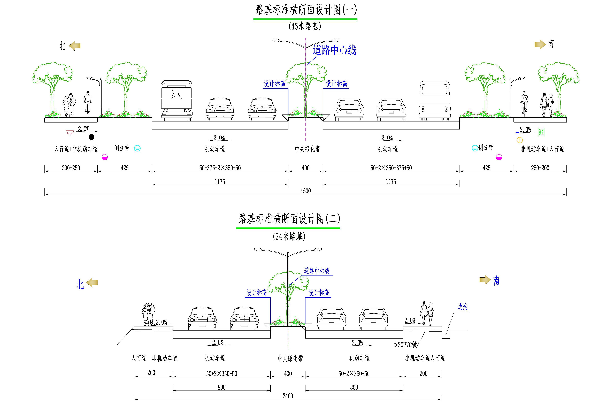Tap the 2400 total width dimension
click(x=288, y=396)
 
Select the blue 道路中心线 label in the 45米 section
click(x=334, y=50)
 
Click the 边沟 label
click(x=462, y=307)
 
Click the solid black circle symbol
click(x=91, y=137)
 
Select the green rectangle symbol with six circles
click(x=541, y=132)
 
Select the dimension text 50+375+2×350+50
click(x=220, y=168)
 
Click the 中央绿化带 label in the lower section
click(x=290, y=358)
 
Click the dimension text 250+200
click(x=540, y=168)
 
